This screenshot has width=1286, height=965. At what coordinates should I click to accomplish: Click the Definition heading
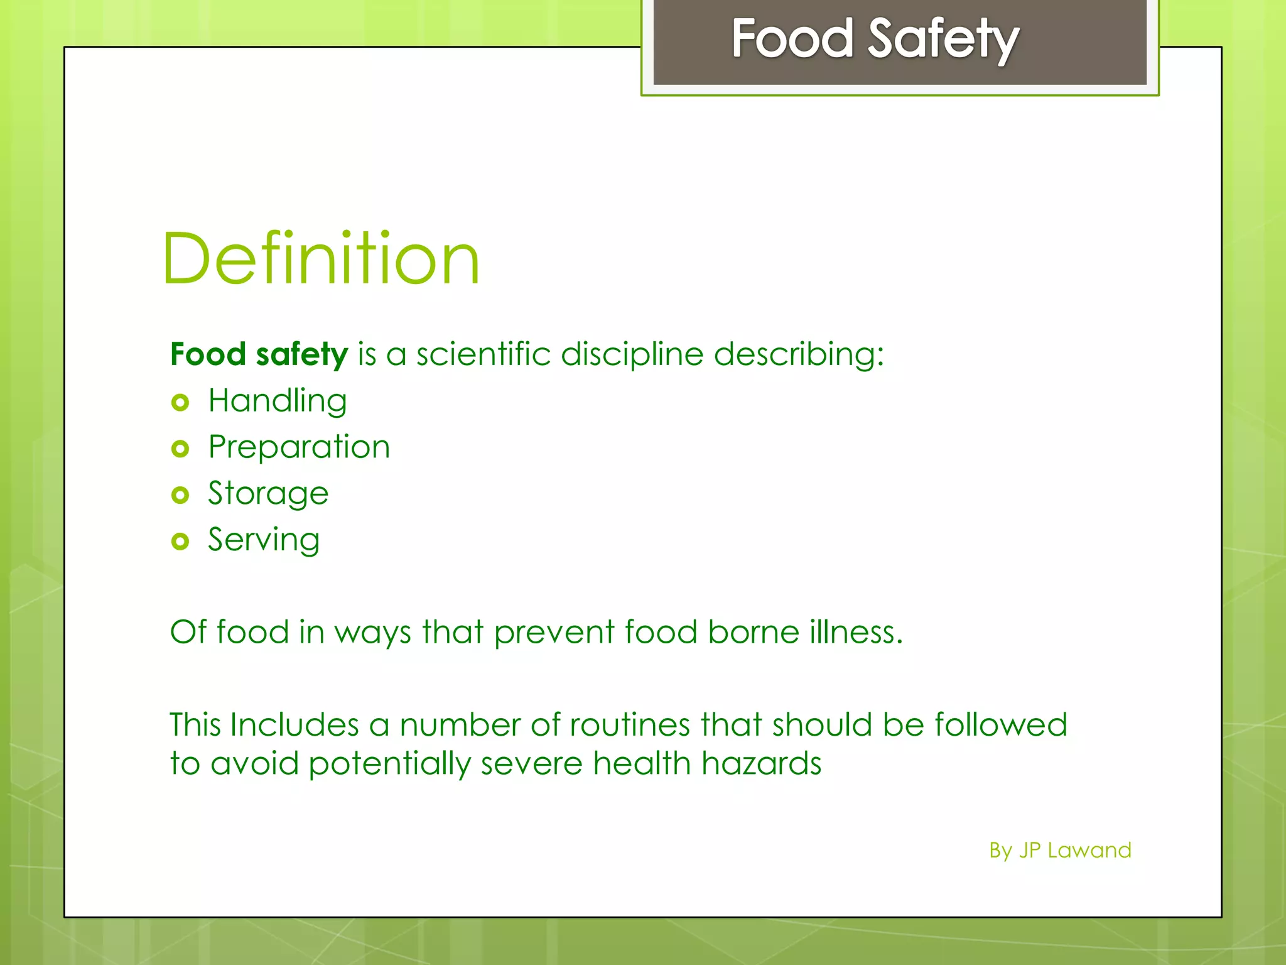[x=321, y=259]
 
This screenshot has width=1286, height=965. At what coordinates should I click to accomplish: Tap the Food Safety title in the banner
[x=875, y=39]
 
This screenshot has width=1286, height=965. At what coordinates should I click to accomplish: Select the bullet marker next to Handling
[x=180, y=402]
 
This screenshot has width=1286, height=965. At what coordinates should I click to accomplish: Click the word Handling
[x=278, y=401]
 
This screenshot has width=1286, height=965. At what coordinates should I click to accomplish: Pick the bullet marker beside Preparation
[x=180, y=449]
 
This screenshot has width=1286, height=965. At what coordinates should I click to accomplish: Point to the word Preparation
[x=299, y=447]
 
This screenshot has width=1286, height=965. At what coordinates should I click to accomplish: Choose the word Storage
[x=268, y=494]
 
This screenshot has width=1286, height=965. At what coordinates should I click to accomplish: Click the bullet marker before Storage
[x=180, y=495]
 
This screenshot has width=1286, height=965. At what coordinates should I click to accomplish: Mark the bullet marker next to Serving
[x=180, y=541]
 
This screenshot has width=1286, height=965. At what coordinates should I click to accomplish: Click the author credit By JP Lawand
[x=1060, y=850]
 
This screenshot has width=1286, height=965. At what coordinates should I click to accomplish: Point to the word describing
[x=798, y=355]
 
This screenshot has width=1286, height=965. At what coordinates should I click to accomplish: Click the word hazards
[x=761, y=763]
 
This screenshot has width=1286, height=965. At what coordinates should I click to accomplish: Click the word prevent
[x=554, y=633]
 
